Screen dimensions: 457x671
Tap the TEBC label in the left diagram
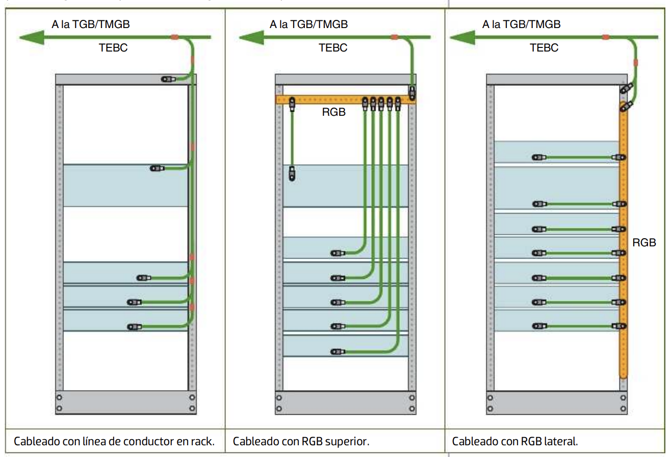(113, 48)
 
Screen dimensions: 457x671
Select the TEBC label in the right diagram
(544, 48)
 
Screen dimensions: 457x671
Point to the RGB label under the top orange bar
(334, 112)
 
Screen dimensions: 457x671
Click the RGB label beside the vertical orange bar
(644, 243)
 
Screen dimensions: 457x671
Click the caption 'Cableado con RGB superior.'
(301, 441)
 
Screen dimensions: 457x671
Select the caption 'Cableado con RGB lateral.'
(515, 441)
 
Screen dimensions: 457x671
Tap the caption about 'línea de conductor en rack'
(114, 441)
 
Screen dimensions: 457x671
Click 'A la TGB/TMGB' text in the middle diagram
(309, 24)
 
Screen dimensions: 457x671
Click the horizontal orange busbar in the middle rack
(326, 99)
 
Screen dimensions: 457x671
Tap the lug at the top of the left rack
(168, 79)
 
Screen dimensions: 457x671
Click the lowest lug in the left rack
(135, 326)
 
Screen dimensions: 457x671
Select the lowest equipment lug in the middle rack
(338, 351)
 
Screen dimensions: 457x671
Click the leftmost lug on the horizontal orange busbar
(293, 104)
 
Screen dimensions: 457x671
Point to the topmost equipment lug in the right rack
(538, 158)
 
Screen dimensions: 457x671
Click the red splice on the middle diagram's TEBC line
(394, 37)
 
